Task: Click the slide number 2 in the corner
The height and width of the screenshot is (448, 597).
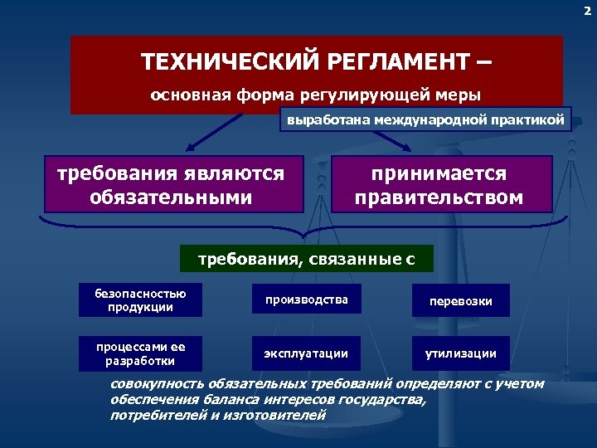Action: click(x=587, y=11)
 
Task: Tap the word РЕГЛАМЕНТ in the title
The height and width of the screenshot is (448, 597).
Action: click(x=390, y=62)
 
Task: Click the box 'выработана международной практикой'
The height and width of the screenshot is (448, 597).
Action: click(x=425, y=120)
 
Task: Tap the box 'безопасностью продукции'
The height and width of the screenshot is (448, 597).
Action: click(x=140, y=300)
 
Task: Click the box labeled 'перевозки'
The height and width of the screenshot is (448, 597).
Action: click(x=460, y=301)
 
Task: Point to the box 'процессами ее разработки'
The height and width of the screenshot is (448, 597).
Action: click(x=140, y=353)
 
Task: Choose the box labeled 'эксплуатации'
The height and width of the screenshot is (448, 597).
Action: click(x=306, y=353)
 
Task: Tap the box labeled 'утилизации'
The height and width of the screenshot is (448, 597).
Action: click(x=460, y=353)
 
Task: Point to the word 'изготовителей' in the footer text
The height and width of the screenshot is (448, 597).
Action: click(x=284, y=415)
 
